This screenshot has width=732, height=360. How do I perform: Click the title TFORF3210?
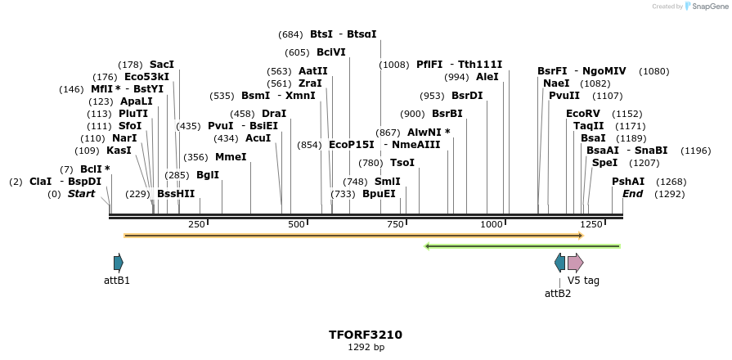[366, 335]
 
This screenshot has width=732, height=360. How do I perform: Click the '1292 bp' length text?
[366, 348]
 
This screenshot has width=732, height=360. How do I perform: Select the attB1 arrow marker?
[119, 263]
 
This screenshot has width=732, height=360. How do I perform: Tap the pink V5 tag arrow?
[575, 263]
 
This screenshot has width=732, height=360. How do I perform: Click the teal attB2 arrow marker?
[559, 263]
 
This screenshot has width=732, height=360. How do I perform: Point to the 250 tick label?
[196, 225]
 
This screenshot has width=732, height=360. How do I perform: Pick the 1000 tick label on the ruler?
[491, 225]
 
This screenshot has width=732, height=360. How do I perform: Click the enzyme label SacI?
[162, 65]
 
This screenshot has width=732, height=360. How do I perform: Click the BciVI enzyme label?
[331, 52]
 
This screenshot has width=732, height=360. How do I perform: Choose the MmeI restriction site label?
[231, 157]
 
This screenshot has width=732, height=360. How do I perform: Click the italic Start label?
[81, 194]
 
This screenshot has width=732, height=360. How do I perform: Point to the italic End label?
[632, 194]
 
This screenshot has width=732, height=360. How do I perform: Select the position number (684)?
[290, 34]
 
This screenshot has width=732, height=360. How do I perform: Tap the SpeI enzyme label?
[604, 163]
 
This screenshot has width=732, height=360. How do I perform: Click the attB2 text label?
[558, 293]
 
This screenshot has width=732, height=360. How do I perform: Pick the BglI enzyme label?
[208, 175]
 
